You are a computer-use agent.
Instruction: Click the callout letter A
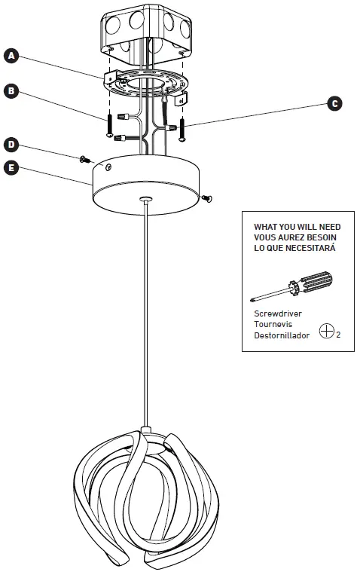(11, 55)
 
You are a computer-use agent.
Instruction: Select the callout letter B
(11, 90)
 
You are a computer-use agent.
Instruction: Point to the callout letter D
(11, 143)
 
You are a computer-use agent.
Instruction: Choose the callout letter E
(11, 167)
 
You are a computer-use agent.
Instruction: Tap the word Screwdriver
(276, 313)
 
